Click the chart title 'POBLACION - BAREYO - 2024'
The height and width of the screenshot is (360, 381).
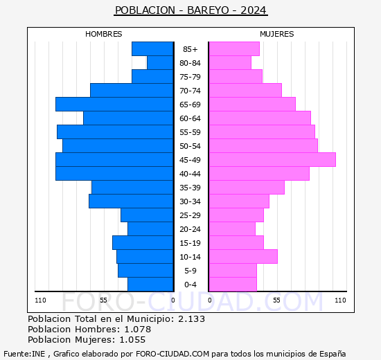tap(190, 10)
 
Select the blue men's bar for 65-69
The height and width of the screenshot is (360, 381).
tap(114, 104)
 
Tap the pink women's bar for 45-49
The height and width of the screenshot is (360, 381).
tap(272, 159)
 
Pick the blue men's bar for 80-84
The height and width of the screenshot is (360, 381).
tap(160, 62)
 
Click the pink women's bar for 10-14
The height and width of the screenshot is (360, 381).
tap(242, 256)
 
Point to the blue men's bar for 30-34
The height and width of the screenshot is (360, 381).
tap(131, 201)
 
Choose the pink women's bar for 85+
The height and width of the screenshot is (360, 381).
tap(233, 48)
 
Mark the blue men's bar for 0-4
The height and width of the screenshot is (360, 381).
tap(150, 284)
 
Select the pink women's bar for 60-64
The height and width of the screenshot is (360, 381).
tap(259, 118)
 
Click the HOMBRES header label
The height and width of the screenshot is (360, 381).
tap(104, 34)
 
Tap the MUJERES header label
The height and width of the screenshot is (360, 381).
tap(276, 34)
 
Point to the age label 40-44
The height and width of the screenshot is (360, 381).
tap(190, 174)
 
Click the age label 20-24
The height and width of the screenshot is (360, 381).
tap(190, 229)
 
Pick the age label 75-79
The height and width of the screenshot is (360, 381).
tap(190, 77)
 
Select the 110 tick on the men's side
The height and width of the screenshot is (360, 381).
tap(41, 300)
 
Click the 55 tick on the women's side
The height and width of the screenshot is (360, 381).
tap(276, 300)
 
